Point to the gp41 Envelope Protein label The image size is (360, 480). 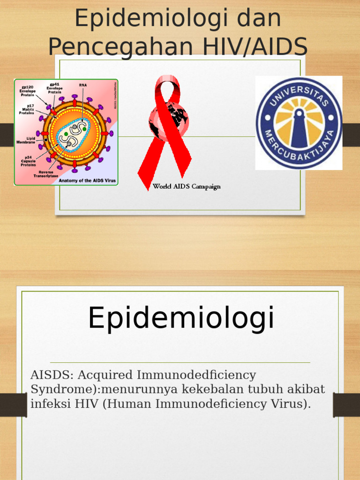(x=54, y=88)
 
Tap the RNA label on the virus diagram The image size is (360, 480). (x=82, y=85)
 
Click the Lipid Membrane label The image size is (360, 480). (x=25, y=140)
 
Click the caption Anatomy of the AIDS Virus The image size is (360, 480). (x=87, y=180)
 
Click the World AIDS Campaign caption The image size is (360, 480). (x=187, y=187)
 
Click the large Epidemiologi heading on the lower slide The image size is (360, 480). (x=181, y=318)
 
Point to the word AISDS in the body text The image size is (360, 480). (x=51, y=375)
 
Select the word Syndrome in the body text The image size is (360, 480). (x=54, y=390)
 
